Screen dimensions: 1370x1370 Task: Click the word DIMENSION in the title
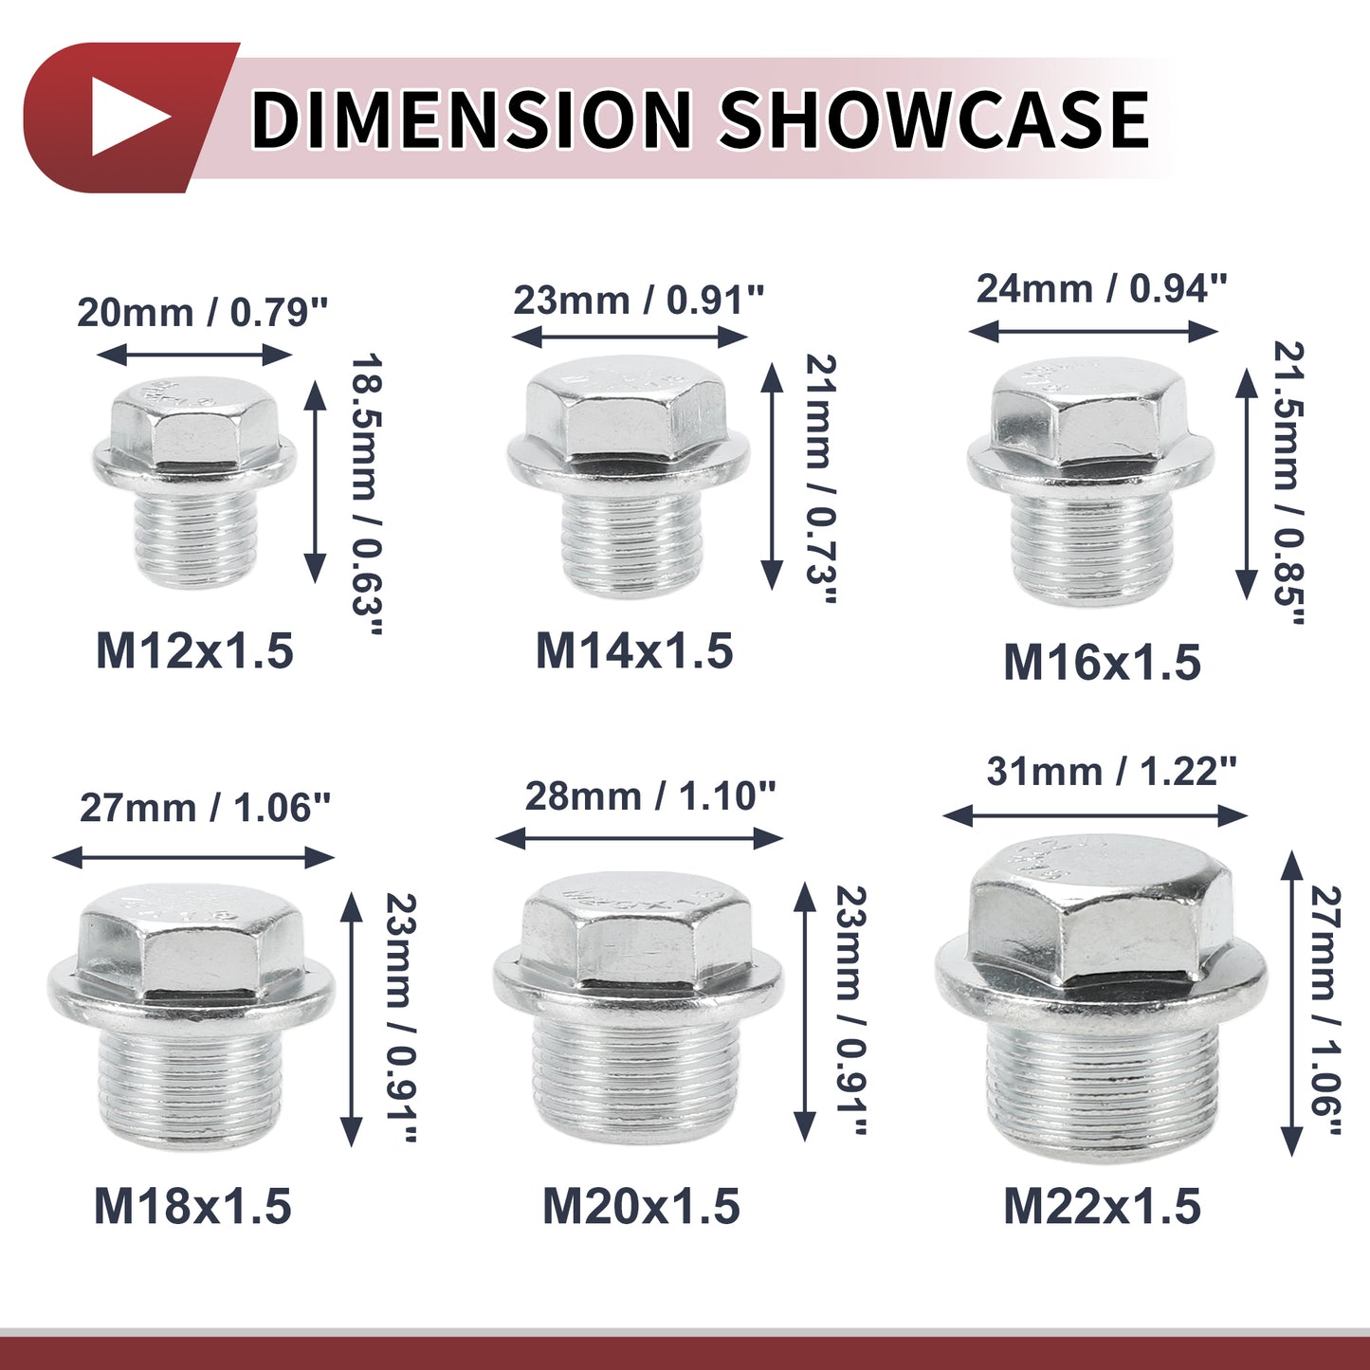coord(471,118)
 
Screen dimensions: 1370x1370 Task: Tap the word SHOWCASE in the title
coord(934,118)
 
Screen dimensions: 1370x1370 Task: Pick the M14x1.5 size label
coord(634,650)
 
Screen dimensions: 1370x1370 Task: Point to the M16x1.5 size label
coord(1102,662)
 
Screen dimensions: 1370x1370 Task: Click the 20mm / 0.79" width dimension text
coord(203,313)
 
